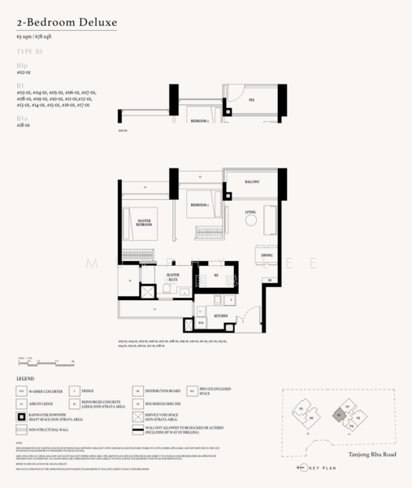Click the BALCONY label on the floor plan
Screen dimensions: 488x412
[252, 182]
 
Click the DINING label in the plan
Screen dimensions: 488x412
[267, 255]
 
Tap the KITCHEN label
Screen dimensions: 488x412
[220, 315]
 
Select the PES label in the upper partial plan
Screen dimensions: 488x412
[251, 100]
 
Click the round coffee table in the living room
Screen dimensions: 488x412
[250, 220]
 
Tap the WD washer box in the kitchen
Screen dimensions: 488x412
[200, 323]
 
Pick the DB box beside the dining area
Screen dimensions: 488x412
[266, 281]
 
